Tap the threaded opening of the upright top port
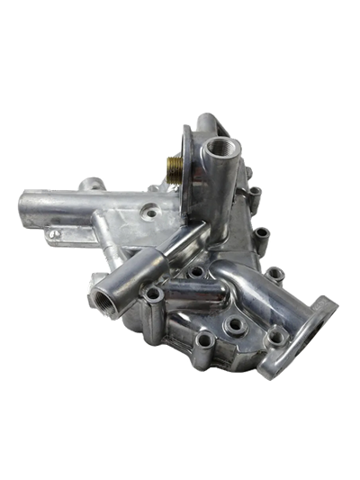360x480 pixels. click(x=219, y=147)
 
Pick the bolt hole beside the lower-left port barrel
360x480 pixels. click(x=154, y=294)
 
